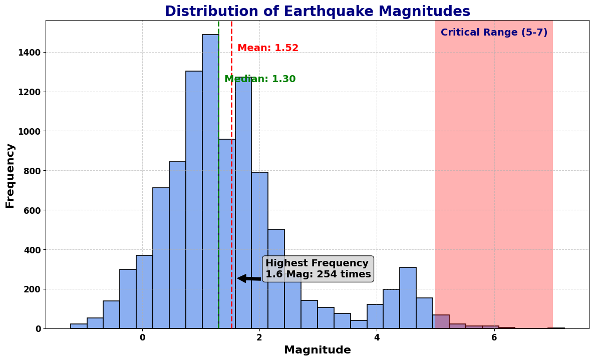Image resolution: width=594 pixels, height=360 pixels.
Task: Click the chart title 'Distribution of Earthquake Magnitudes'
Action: click(x=317, y=12)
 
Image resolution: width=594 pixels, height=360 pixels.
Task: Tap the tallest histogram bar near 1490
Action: click(x=210, y=180)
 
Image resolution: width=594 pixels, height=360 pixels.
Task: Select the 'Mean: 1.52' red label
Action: click(x=268, y=48)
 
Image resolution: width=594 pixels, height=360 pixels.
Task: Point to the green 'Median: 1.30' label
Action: click(x=260, y=79)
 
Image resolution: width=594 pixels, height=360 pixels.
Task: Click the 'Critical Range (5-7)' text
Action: click(x=494, y=33)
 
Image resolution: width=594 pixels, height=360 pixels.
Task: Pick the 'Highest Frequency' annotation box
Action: click(x=318, y=269)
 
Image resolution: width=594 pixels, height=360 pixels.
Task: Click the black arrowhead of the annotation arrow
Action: click(x=241, y=278)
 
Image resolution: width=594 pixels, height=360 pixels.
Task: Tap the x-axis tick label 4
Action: click(x=377, y=338)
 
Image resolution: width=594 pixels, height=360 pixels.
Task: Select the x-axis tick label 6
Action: click(x=494, y=338)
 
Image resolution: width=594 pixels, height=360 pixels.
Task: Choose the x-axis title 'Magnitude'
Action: click(x=317, y=350)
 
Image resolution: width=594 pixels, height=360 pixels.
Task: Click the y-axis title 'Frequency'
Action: click(x=10, y=175)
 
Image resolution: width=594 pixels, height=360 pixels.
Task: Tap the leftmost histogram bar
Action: click(x=79, y=326)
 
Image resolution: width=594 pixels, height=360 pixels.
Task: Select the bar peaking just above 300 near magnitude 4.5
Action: click(x=408, y=298)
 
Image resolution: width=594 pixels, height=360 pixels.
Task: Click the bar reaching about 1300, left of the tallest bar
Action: click(x=194, y=200)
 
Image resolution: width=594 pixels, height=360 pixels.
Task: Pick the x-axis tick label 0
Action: click(x=142, y=338)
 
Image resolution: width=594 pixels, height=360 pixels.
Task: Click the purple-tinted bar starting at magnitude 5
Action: click(x=441, y=322)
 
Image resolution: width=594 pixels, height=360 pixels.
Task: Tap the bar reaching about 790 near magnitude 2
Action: click(x=259, y=250)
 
